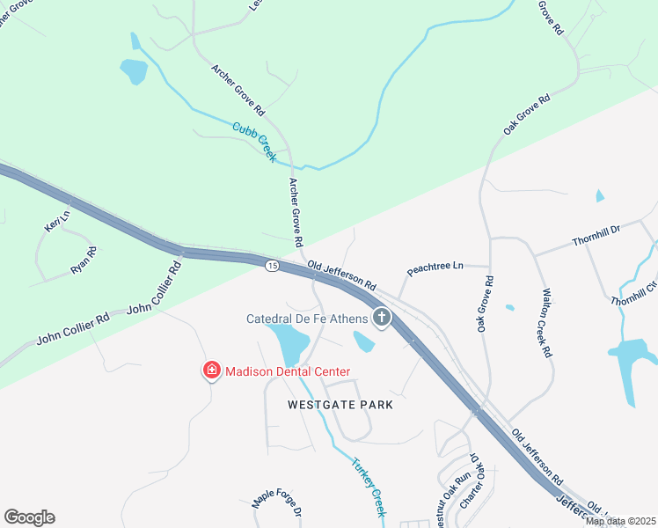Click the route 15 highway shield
click(x=273, y=266)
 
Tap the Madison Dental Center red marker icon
click(x=211, y=371)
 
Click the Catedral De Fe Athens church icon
click(x=381, y=318)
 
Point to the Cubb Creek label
click(x=254, y=142)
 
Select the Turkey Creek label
click(x=369, y=487)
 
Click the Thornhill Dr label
click(x=596, y=234)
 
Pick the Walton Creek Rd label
click(x=546, y=324)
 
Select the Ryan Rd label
click(x=84, y=260)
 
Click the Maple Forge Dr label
click(x=277, y=502)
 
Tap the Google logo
click(x=29, y=517)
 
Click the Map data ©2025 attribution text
click(x=621, y=522)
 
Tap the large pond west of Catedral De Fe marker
click(x=289, y=343)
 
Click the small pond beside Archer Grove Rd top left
click(x=134, y=70)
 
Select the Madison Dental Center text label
click(x=281, y=371)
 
